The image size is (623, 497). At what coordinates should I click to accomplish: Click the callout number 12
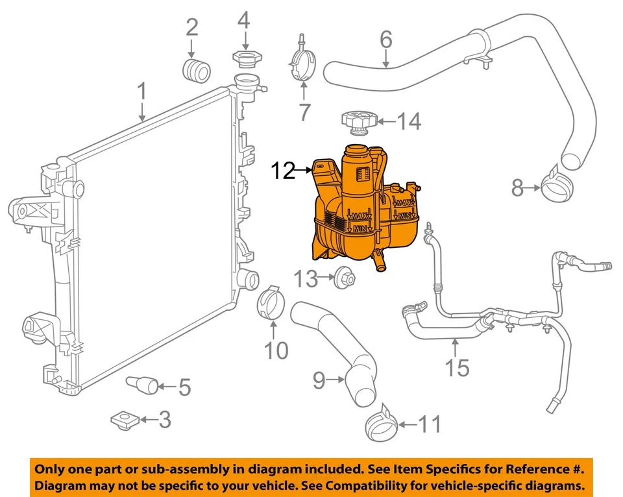283,171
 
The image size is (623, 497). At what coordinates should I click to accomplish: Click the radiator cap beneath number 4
243,57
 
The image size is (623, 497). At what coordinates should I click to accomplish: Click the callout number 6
386,40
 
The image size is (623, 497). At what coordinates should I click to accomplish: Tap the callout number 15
457,367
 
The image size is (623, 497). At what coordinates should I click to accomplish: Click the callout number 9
319,381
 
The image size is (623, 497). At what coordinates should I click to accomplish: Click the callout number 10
276,351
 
